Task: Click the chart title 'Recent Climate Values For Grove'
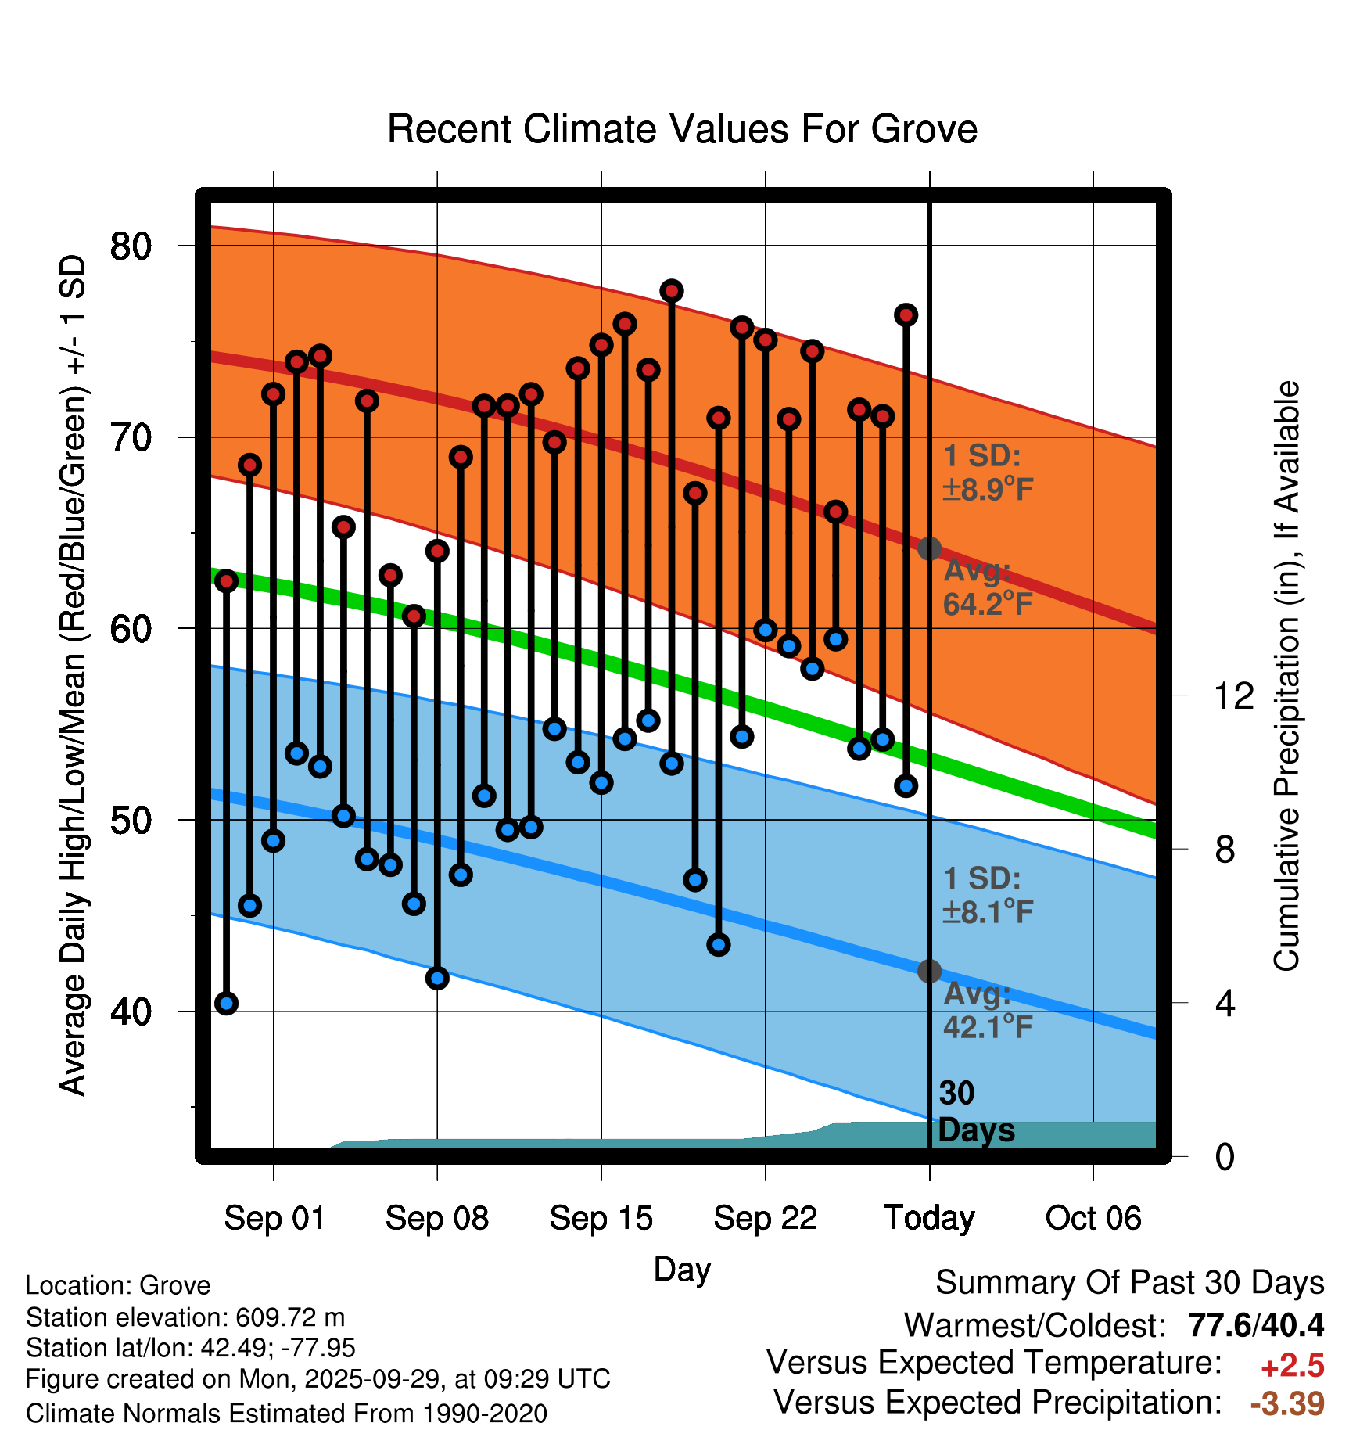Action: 682,129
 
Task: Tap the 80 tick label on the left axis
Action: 131,246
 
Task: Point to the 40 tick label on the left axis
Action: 131,1011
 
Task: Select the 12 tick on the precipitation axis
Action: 1233,695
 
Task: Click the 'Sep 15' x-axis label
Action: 601,1218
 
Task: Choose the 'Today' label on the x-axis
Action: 929,1218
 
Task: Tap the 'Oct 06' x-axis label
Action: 1093,1218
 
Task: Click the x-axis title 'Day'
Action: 682,1269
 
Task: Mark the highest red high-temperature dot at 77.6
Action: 672,291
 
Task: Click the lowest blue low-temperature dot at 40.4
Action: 227,1003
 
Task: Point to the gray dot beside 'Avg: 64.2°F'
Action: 929,548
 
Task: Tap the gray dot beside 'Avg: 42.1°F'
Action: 929,971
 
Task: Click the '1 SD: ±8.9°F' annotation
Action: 988,472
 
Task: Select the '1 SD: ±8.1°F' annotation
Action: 988,895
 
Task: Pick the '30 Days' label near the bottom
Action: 975,1112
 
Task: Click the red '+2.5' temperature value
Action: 1292,1366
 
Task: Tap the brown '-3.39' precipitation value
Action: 1287,1403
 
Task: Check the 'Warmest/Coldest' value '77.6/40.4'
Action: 1255,1325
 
